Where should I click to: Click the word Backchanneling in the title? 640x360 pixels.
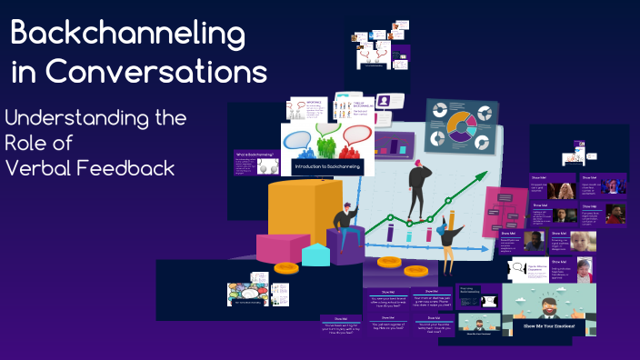pos(128,34)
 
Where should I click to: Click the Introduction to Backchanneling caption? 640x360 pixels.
pos(326,167)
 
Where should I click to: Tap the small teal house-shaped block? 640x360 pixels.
pos(315,254)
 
